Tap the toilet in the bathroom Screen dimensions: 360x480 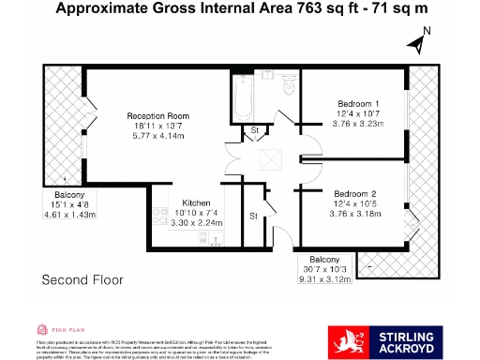[x=288, y=87]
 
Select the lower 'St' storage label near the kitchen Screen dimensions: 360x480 [x=253, y=216]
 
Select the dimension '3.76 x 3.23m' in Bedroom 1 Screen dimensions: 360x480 [x=356, y=121]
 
